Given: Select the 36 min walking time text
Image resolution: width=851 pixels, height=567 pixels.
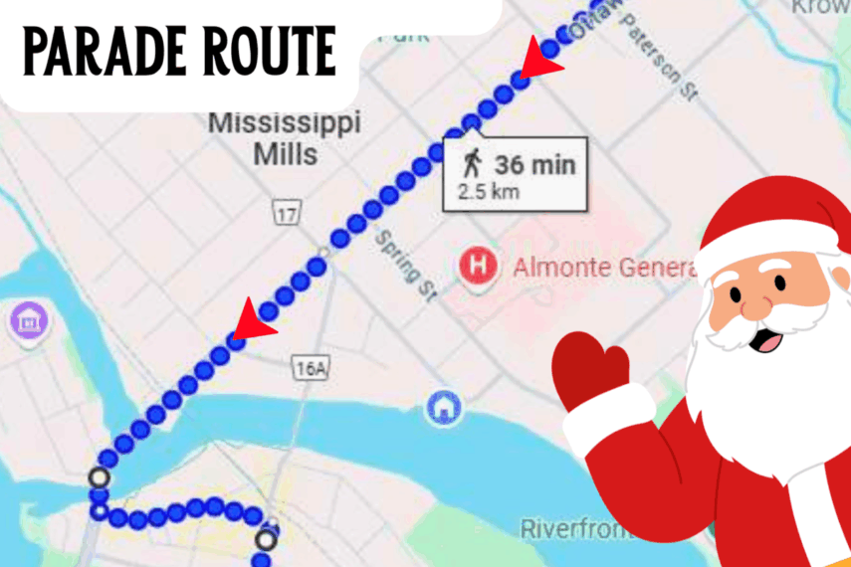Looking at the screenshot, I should pyautogui.click(x=535, y=164).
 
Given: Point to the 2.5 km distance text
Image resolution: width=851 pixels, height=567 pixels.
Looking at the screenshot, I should pyautogui.click(x=488, y=191).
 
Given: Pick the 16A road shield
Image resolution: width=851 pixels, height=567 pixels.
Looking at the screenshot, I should pyautogui.click(x=311, y=369).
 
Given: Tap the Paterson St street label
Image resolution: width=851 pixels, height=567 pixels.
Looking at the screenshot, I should pyautogui.click(x=659, y=60).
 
